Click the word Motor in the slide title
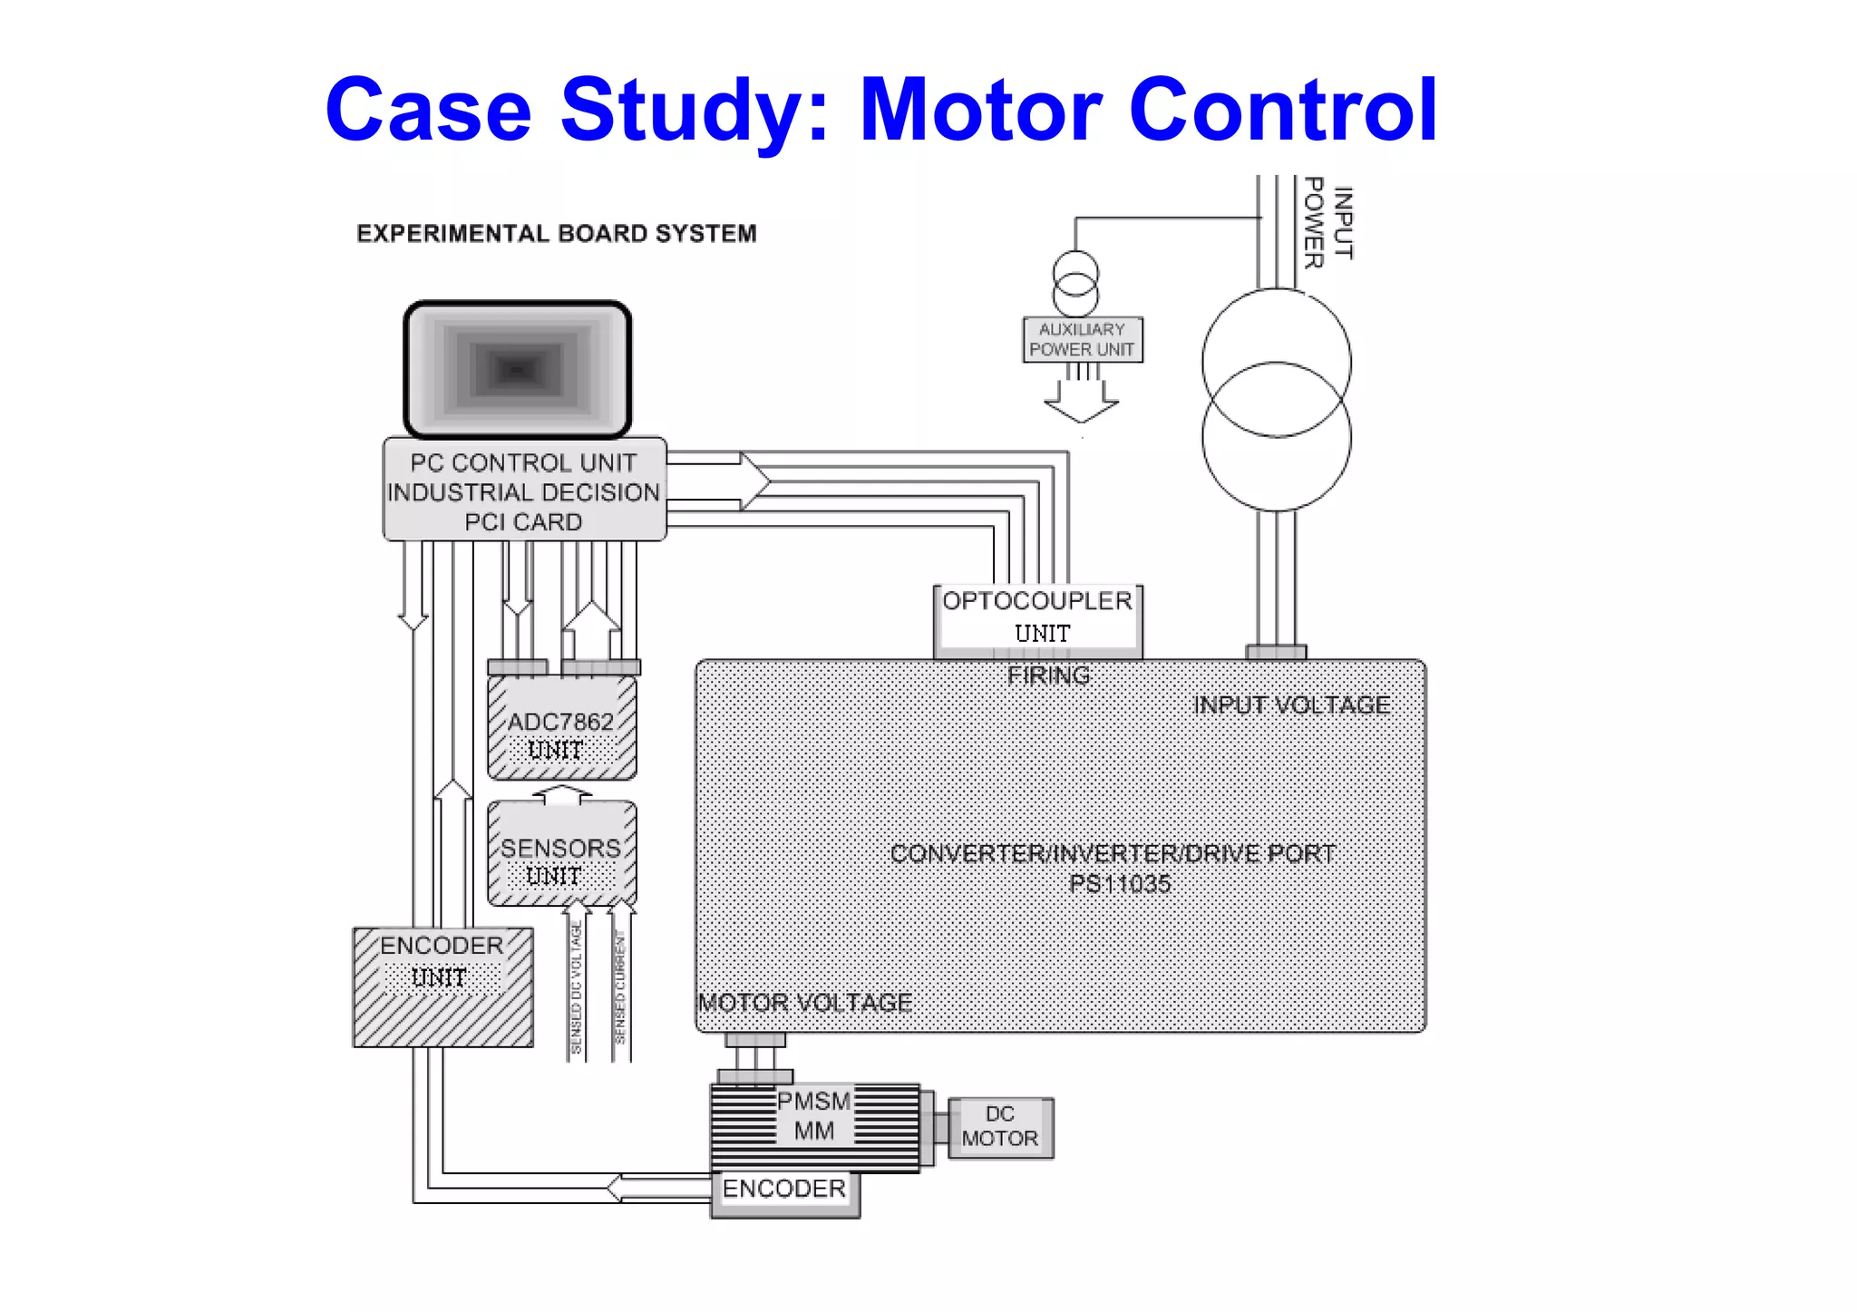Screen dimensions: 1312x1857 coord(982,111)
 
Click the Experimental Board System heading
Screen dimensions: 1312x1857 coord(556,234)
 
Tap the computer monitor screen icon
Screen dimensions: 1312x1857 coord(517,370)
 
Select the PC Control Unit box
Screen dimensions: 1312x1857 coord(524,491)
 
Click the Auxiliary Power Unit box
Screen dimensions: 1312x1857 coord(1082,340)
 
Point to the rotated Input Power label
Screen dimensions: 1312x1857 coord(1327,223)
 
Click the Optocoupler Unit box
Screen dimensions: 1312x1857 coord(1037,617)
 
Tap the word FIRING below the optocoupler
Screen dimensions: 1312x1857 coord(1048,675)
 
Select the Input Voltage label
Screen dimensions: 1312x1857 coord(1291,705)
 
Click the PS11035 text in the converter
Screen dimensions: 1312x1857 coord(1120,884)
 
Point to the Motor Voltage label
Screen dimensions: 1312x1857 coord(804,1003)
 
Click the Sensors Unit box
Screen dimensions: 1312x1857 coord(561,859)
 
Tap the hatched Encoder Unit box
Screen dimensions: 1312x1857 coord(442,986)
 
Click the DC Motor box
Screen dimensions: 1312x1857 coord(1000,1127)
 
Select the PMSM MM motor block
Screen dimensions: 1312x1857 coord(813,1124)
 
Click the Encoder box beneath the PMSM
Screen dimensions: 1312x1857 coord(784,1191)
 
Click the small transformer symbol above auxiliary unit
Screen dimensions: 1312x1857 coord(1075,284)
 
